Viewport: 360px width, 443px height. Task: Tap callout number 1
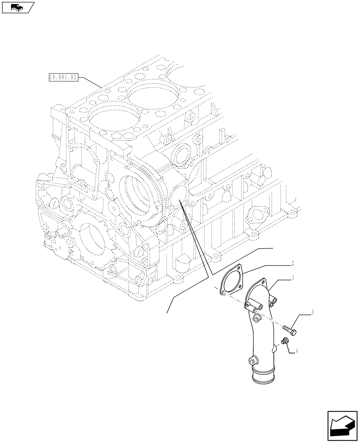[x=293, y=278]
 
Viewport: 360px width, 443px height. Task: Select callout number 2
[x=293, y=263]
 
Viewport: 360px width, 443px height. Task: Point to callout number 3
[x=313, y=312]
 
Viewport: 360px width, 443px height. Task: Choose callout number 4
[x=297, y=351]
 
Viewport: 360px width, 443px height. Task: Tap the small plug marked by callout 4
[x=284, y=341]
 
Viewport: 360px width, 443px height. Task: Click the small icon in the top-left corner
[x=18, y=7]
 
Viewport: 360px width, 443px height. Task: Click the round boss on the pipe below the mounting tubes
[x=256, y=318]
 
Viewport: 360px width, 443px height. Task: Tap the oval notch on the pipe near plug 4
[x=276, y=349]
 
